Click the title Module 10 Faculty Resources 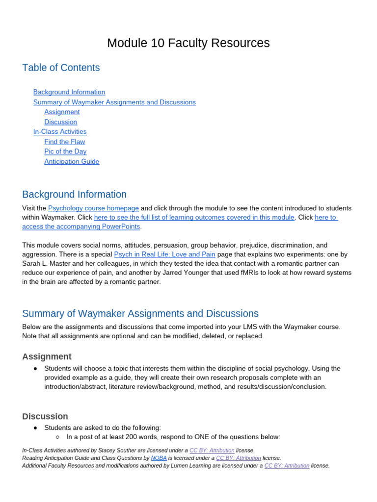(x=188, y=43)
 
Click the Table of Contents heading (x=61, y=68)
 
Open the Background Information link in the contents (x=69, y=92)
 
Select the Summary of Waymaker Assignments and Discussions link (x=114, y=102)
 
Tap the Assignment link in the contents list (x=62, y=112)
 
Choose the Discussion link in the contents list (x=60, y=122)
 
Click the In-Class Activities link (x=60, y=132)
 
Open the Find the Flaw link (x=64, y=142)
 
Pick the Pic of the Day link (x=65, y=151)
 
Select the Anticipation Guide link (x=72, y=162)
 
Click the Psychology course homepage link (x=93, y=208)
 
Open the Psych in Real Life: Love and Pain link (x=164, y=254)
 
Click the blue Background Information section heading (x=74, y=194)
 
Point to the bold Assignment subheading (x=47, y=356)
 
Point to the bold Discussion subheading (x=45, y=416)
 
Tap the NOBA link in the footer (x=159, y=458)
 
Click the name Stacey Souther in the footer (x=114, y=450)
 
